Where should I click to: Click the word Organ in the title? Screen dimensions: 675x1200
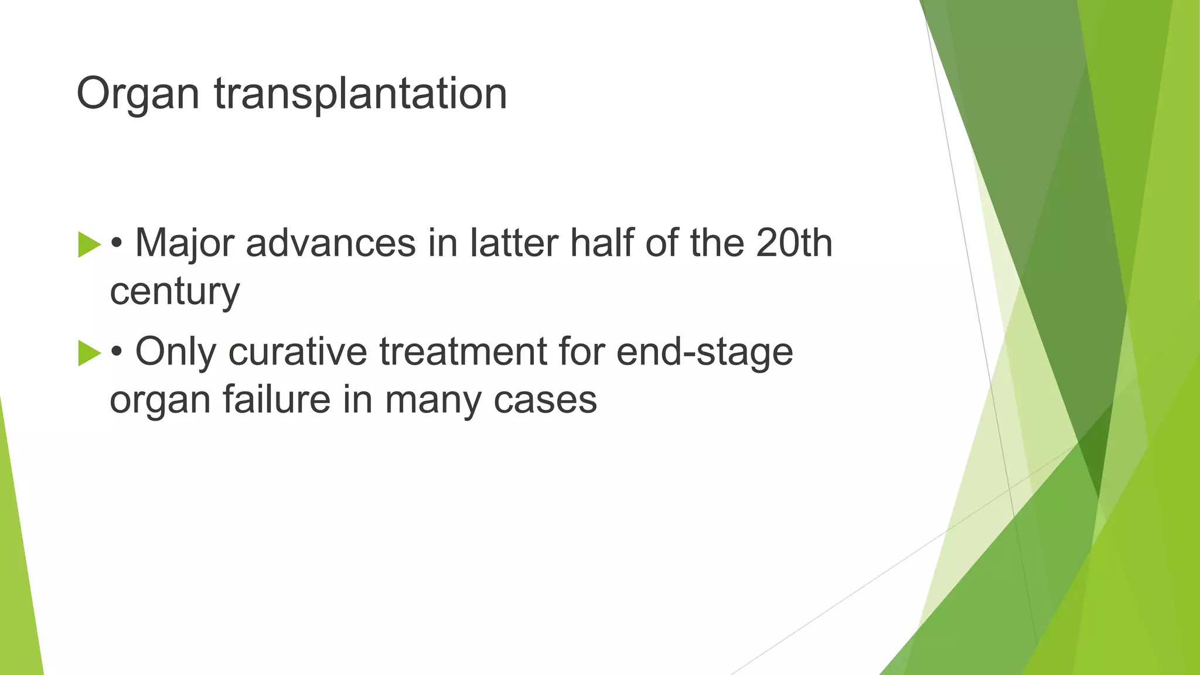click(x=138, y=94)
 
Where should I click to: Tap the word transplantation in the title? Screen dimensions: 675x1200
click(x=360, y=94)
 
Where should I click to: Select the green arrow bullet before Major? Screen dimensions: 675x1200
click(x=89, y=244)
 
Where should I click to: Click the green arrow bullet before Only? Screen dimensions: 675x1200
click(x=89, y=353)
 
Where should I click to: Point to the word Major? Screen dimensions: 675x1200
click(x=184, y=243)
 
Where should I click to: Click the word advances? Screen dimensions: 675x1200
click(x=330, y=243)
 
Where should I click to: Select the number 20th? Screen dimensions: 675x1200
click(x=794, y=243)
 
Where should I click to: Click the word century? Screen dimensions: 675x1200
click(x=175, y=292)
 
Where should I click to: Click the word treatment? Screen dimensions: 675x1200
click(x=462, y=352)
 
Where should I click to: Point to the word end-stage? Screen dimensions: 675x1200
click(x=704, y=352)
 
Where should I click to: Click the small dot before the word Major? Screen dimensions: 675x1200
click(x=117, y=244)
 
